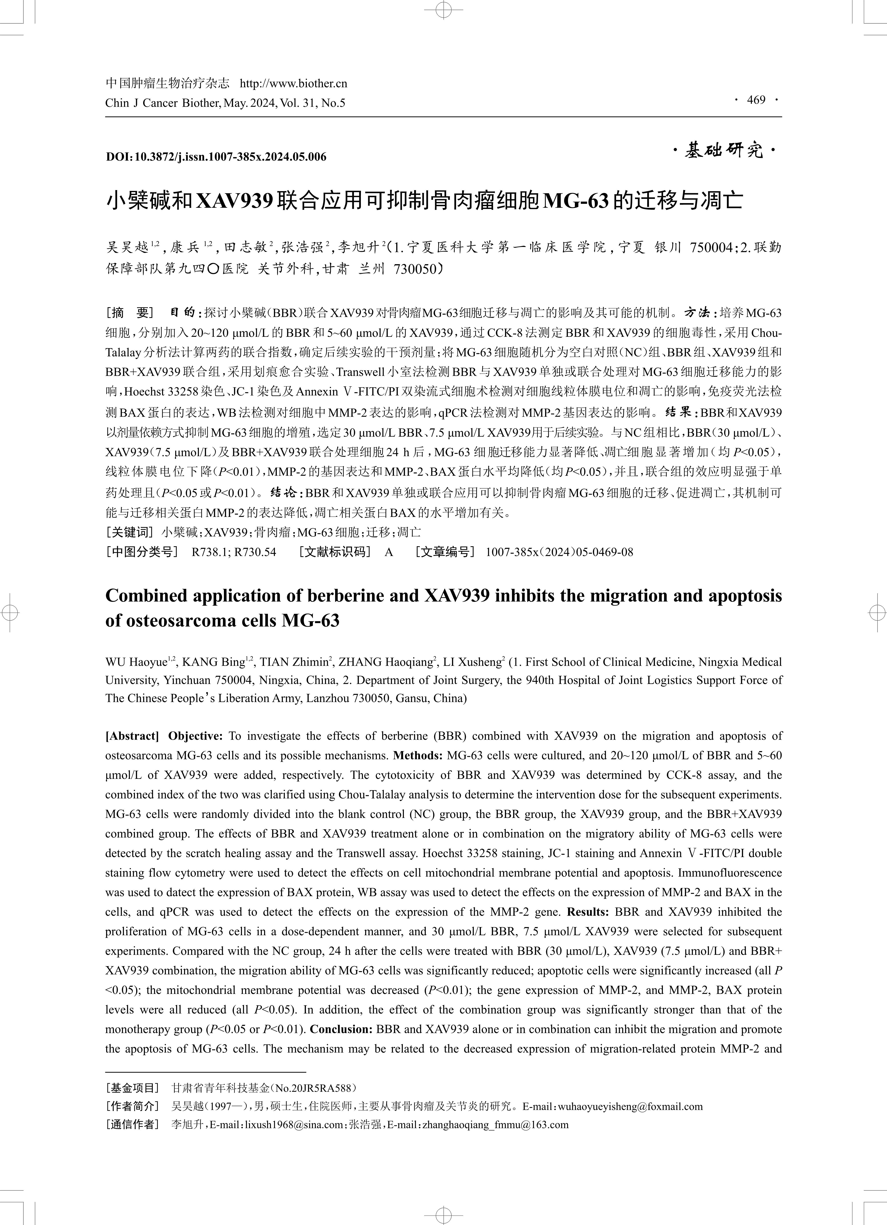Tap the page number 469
click(756, 100)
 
